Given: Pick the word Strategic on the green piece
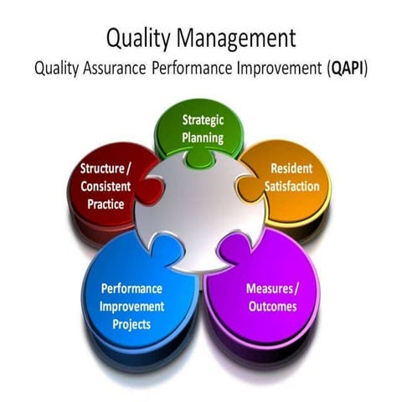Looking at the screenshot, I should [x=203, y=121].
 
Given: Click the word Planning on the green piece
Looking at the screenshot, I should [x=203, y=137].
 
